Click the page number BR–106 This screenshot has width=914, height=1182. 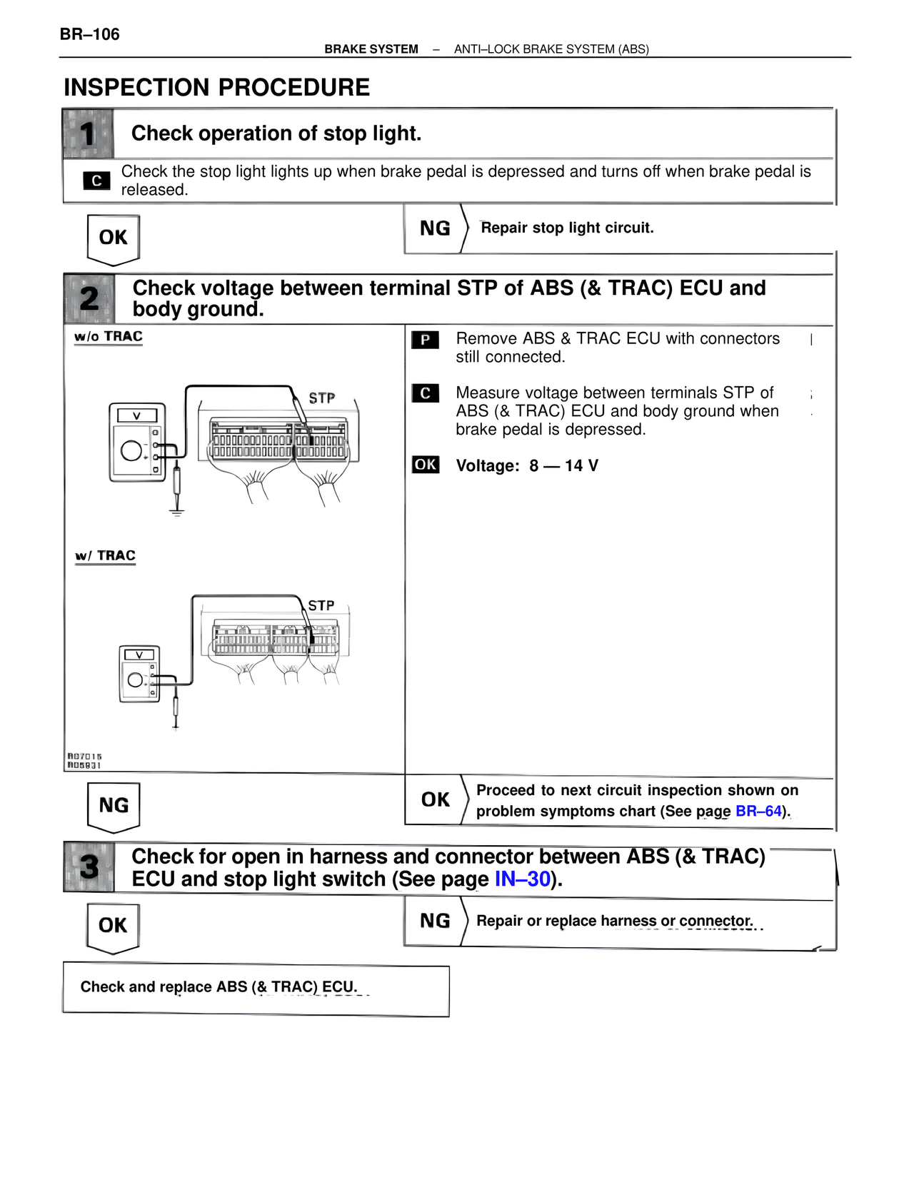coord(89,34)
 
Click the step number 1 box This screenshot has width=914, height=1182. coord(88,133)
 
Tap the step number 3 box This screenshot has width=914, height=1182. coord(89,867)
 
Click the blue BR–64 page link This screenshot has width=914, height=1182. coord(758,812)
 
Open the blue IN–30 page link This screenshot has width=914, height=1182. coord(523,879)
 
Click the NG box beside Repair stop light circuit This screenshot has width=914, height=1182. coord(435,228)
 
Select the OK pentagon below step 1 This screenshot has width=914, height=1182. coord(113,238)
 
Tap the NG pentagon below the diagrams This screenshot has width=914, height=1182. coord(113,806)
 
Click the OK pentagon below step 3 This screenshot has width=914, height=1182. coord(113,926)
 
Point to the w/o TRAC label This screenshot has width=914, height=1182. coord(109,336)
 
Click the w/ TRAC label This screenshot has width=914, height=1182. coord(106,555)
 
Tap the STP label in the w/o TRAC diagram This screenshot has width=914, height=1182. coord(321,398)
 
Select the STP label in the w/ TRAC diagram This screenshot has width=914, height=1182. coord(321,605)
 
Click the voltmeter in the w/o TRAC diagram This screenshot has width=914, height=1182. coord(137,443)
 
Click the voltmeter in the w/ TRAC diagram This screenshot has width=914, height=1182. coord(139,675)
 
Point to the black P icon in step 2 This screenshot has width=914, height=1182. coord(425,340)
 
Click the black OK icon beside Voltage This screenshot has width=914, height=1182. coord(426,465)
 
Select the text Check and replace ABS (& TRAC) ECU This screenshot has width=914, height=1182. coord(219,987)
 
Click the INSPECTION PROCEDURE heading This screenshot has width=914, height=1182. coord(217,87)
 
